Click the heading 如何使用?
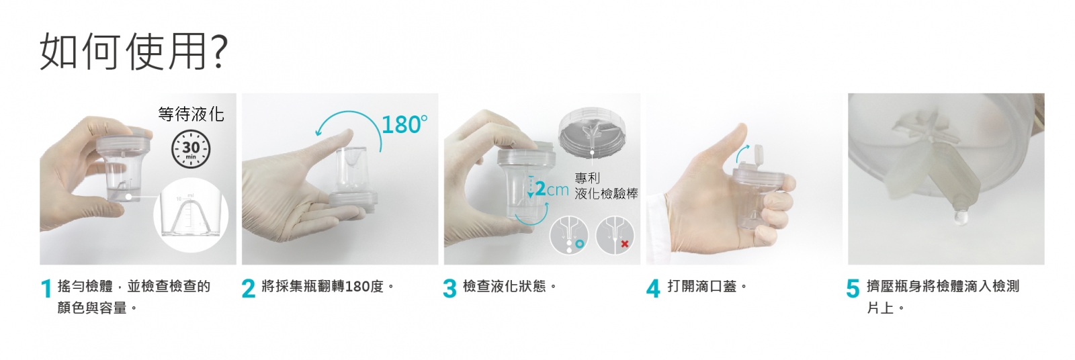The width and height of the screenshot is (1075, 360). point(134,51)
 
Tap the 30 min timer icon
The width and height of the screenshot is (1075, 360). point(191,149)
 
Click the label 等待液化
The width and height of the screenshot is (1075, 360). point(191,114)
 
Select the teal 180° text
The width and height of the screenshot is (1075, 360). point(404,125)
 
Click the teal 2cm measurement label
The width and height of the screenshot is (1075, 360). point(552,189)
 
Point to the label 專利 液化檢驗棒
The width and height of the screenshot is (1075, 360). point(606,186)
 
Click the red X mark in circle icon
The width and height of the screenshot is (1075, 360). point(624,244)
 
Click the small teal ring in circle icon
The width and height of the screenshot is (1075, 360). point(580,244)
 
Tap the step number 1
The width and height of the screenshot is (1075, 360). point(46,289)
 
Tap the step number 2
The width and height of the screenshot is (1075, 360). point(249,289)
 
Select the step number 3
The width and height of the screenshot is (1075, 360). point(449,289)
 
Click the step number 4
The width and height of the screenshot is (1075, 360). point(653,289)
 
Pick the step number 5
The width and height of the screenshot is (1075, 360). point(853,289)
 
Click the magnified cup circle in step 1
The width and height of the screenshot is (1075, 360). point(191,214)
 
